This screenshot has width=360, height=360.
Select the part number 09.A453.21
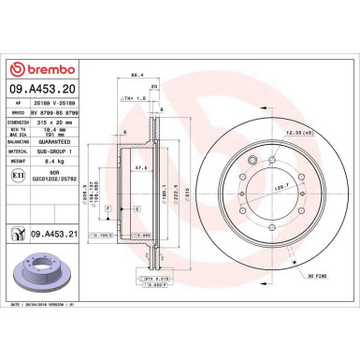[x=50, y=235]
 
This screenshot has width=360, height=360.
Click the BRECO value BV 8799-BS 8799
[x=54, y=111]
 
